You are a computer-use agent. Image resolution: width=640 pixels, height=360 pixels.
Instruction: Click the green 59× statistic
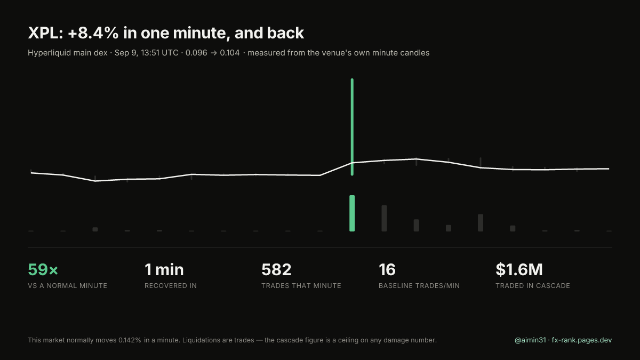coord(43,269)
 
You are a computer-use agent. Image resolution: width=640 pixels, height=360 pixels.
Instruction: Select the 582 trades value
coord(276,269)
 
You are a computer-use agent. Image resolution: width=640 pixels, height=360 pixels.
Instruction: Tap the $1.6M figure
coord(519,269)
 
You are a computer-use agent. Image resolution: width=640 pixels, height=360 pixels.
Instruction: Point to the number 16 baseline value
coord(387,269)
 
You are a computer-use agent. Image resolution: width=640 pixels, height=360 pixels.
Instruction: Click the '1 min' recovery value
coord(164,269)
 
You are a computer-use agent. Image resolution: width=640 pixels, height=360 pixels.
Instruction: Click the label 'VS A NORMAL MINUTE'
coord(67,286)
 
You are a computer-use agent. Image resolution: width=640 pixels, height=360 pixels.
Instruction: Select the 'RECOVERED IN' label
coord(171,286)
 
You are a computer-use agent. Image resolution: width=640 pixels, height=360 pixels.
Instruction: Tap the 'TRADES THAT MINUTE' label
coord(301,286)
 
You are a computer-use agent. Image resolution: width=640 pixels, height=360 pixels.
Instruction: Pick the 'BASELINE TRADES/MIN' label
coord(419,286)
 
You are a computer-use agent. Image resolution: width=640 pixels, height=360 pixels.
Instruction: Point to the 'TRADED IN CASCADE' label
coord(533,286)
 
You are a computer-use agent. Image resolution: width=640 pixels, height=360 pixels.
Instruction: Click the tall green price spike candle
coord(352,127)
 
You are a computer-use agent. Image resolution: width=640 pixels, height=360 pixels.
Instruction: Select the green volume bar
coord(352,213)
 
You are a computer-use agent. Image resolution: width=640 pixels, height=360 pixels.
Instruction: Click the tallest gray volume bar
coord(385,218)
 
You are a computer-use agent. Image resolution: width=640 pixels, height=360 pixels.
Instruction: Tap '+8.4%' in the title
coord(93,33)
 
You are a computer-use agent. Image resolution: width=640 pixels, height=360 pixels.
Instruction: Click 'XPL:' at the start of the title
coord(45,33)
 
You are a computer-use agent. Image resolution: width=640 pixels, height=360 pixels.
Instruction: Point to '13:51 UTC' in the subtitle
coord(159,53)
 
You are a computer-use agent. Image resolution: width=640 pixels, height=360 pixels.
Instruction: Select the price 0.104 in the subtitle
coord(230,53)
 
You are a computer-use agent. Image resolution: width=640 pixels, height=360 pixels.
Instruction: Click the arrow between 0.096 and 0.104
coord(214,53)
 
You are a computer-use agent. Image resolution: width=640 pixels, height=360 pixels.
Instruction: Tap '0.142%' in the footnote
coord(130,340)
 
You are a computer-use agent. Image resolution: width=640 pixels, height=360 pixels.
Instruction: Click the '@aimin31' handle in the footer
coord(530,340)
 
